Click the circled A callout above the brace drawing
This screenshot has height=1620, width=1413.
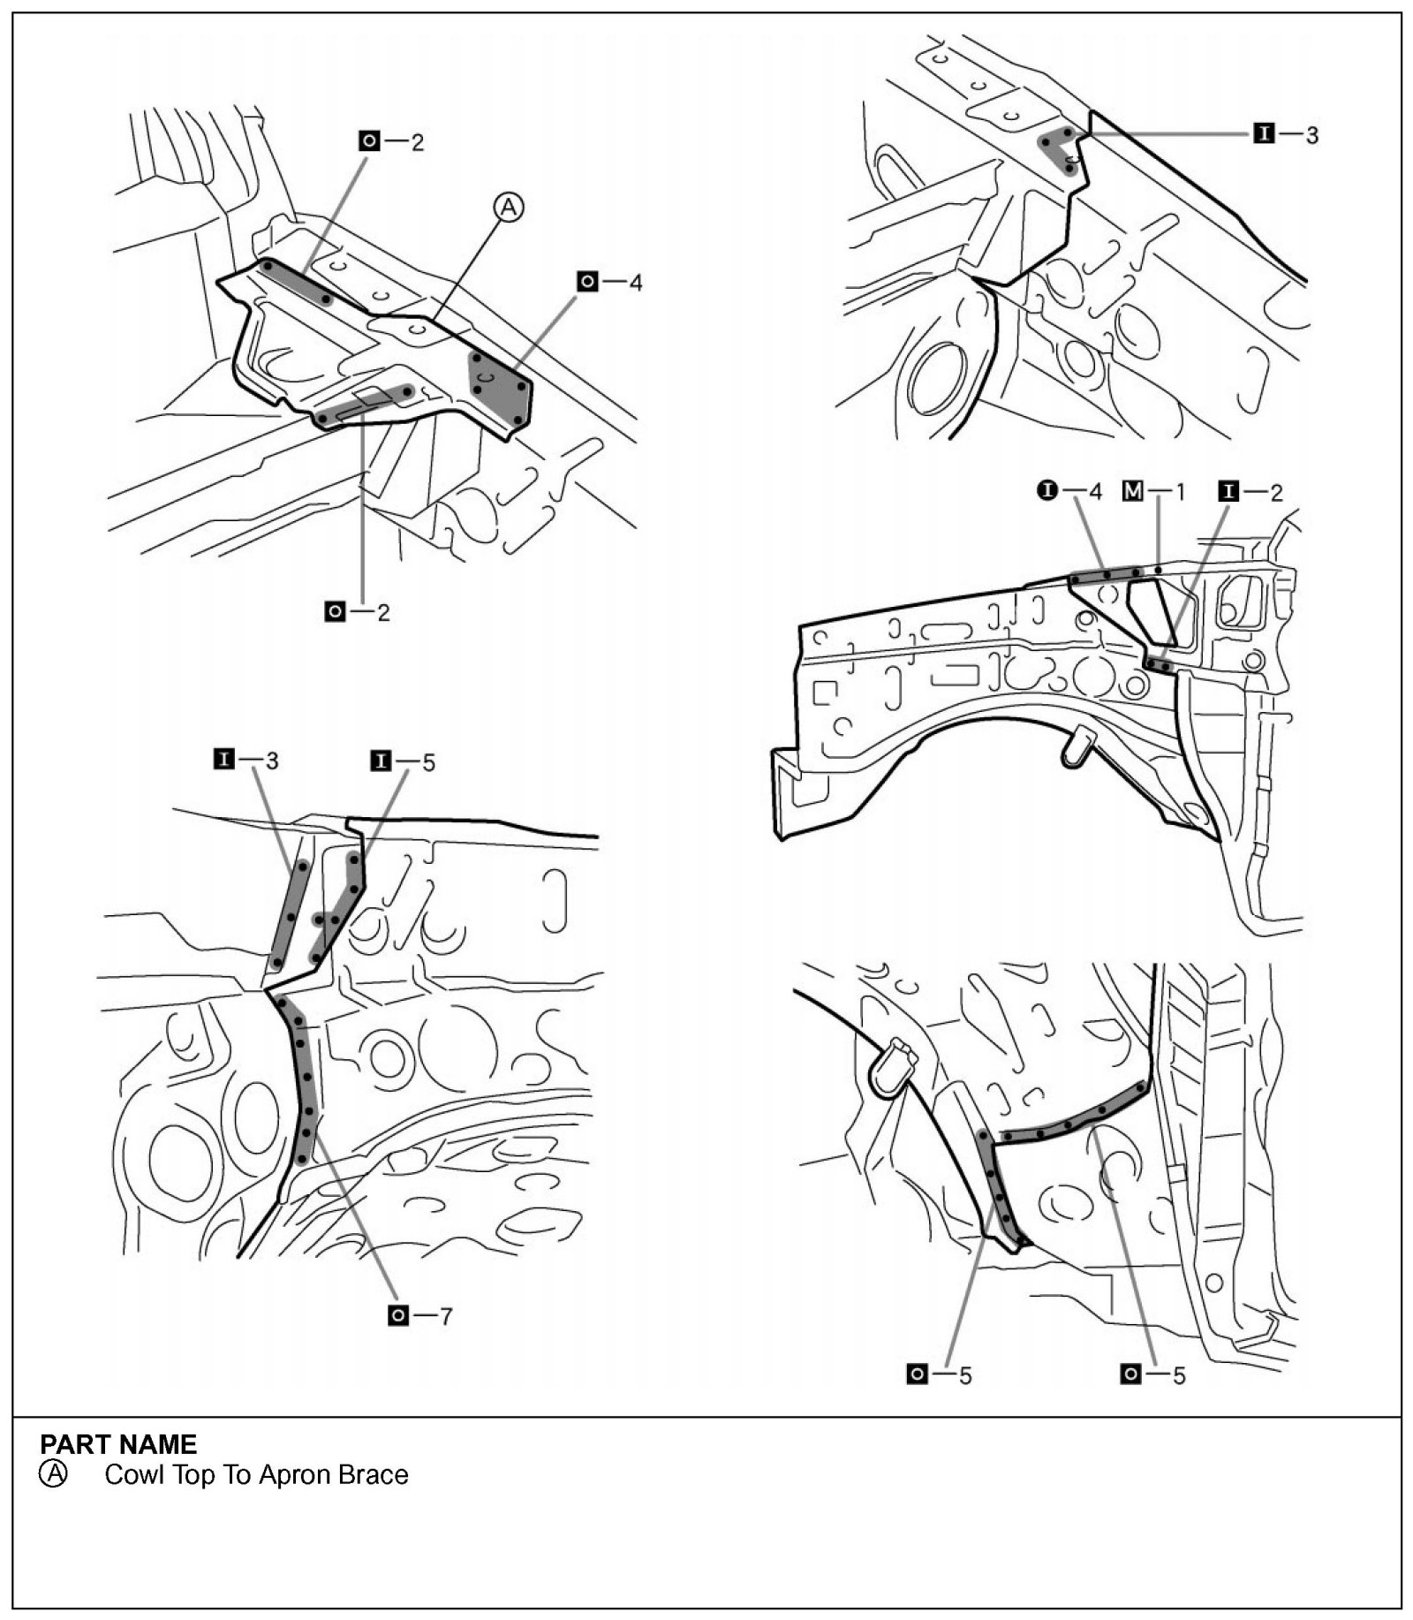(509, 208)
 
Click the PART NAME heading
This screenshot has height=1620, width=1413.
(118, 1444)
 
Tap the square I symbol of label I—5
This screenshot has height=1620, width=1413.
(381, 761)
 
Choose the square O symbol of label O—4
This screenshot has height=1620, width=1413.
(587, 282)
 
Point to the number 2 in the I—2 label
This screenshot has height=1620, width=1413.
(1276, 492)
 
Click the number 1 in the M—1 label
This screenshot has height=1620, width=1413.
(1180, 492)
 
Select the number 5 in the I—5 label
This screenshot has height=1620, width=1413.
(428, 762)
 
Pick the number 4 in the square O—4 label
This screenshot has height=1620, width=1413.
(635, 284)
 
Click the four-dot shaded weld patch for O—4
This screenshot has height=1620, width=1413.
(501, 388)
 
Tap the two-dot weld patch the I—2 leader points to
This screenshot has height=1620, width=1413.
(1160, 664)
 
